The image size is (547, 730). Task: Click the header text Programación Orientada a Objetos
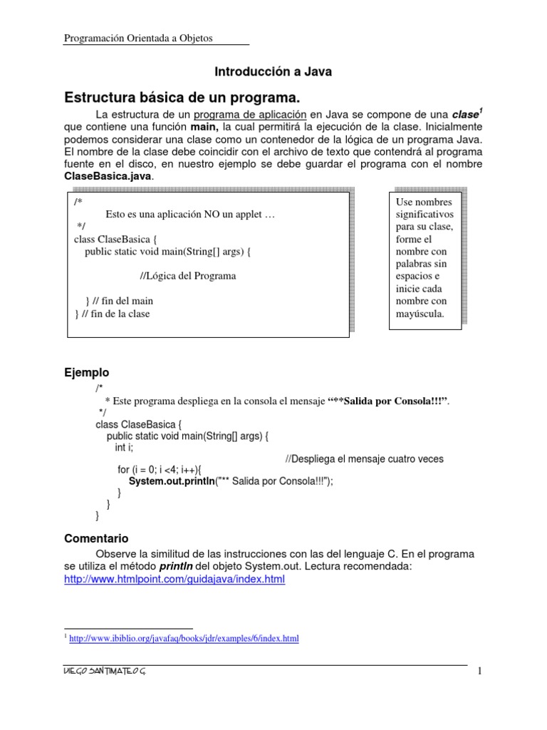138,38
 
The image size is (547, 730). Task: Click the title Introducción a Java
273,71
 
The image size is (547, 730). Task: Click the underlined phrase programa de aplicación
250,115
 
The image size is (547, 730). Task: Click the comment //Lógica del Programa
187,276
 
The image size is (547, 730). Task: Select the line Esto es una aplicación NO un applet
189,214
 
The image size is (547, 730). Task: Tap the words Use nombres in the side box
424,202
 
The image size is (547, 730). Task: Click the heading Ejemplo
87,373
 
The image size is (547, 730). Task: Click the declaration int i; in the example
124,448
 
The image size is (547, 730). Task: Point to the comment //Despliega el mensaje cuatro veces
364,459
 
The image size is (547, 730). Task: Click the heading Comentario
96,539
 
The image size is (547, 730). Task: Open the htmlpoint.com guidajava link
174,580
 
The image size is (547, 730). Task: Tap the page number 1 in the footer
480,672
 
